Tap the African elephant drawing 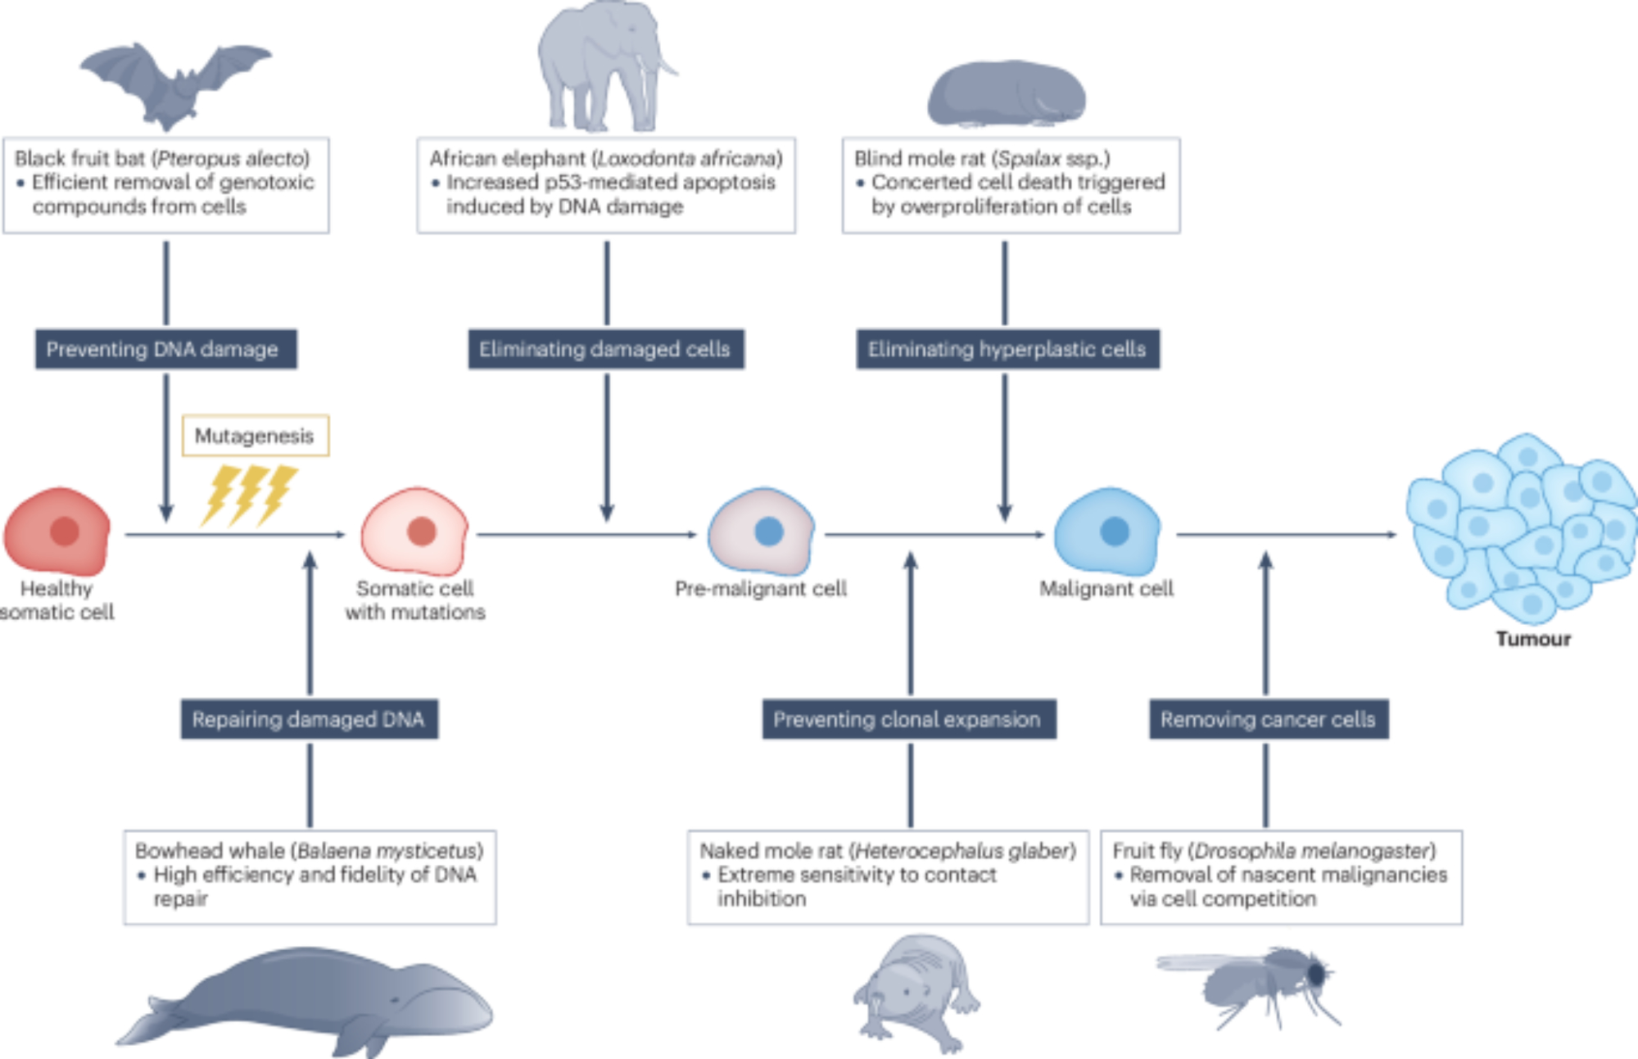[x=602, y=66]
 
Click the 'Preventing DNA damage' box [x=165, y=350]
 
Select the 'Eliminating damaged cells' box [x=606, y=350]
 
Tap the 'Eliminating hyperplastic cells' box [x=1007, y=350]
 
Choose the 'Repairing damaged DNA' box [x=309, y=720]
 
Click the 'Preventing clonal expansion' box [x=908, y=720]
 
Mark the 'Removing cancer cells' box [x=1268, y=720]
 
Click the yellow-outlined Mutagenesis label [x=255, y=436]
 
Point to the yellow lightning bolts [x=249, y=495]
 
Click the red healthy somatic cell [x=57, y=532]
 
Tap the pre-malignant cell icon [x=762, y=532]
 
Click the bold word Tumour [x=1533, y=639]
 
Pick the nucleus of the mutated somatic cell [x=421, y=532]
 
